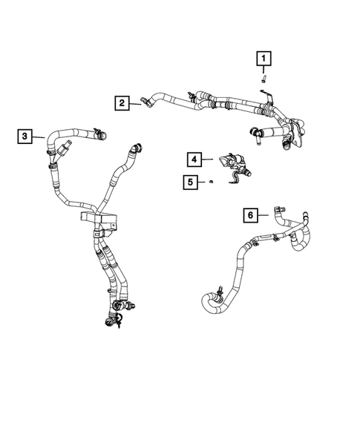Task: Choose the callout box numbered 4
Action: click(x=193, y=160)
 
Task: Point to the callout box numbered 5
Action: click(x=192, y=181)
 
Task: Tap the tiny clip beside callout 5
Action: click(x=211, y=181)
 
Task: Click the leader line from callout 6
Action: click(x=266, y=215)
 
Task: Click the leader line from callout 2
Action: click(x=137, y=103)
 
